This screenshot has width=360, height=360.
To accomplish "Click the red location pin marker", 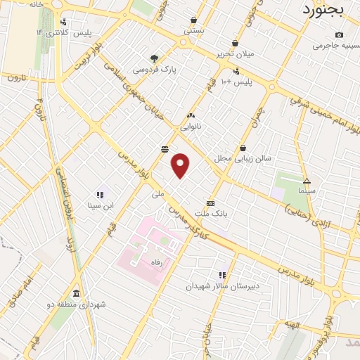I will [181, 165].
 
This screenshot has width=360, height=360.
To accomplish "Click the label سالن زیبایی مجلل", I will [243, 159].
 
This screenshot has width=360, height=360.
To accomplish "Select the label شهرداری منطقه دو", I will [77, 304].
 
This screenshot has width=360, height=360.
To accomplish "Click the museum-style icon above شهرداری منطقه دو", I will [76, 293].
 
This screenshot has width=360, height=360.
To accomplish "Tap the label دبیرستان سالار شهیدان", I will [222, 286].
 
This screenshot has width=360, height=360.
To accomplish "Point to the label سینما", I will [307, 191].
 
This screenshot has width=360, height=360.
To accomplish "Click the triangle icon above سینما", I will [307, 180].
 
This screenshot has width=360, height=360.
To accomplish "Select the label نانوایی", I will [191, 127].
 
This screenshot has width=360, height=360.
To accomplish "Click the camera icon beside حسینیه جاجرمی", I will [340, 35].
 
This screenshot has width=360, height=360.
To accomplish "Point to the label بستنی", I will [193, 31].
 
